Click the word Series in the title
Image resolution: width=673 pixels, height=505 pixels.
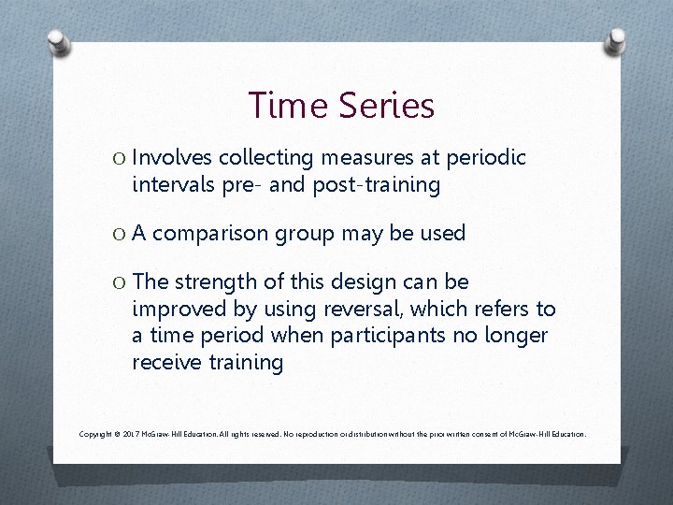pos(384,106)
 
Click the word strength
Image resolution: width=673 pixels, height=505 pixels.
pos(222,281)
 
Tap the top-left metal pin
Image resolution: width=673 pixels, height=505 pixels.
pos(58,41)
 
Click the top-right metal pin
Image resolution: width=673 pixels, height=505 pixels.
pos(616,41)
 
